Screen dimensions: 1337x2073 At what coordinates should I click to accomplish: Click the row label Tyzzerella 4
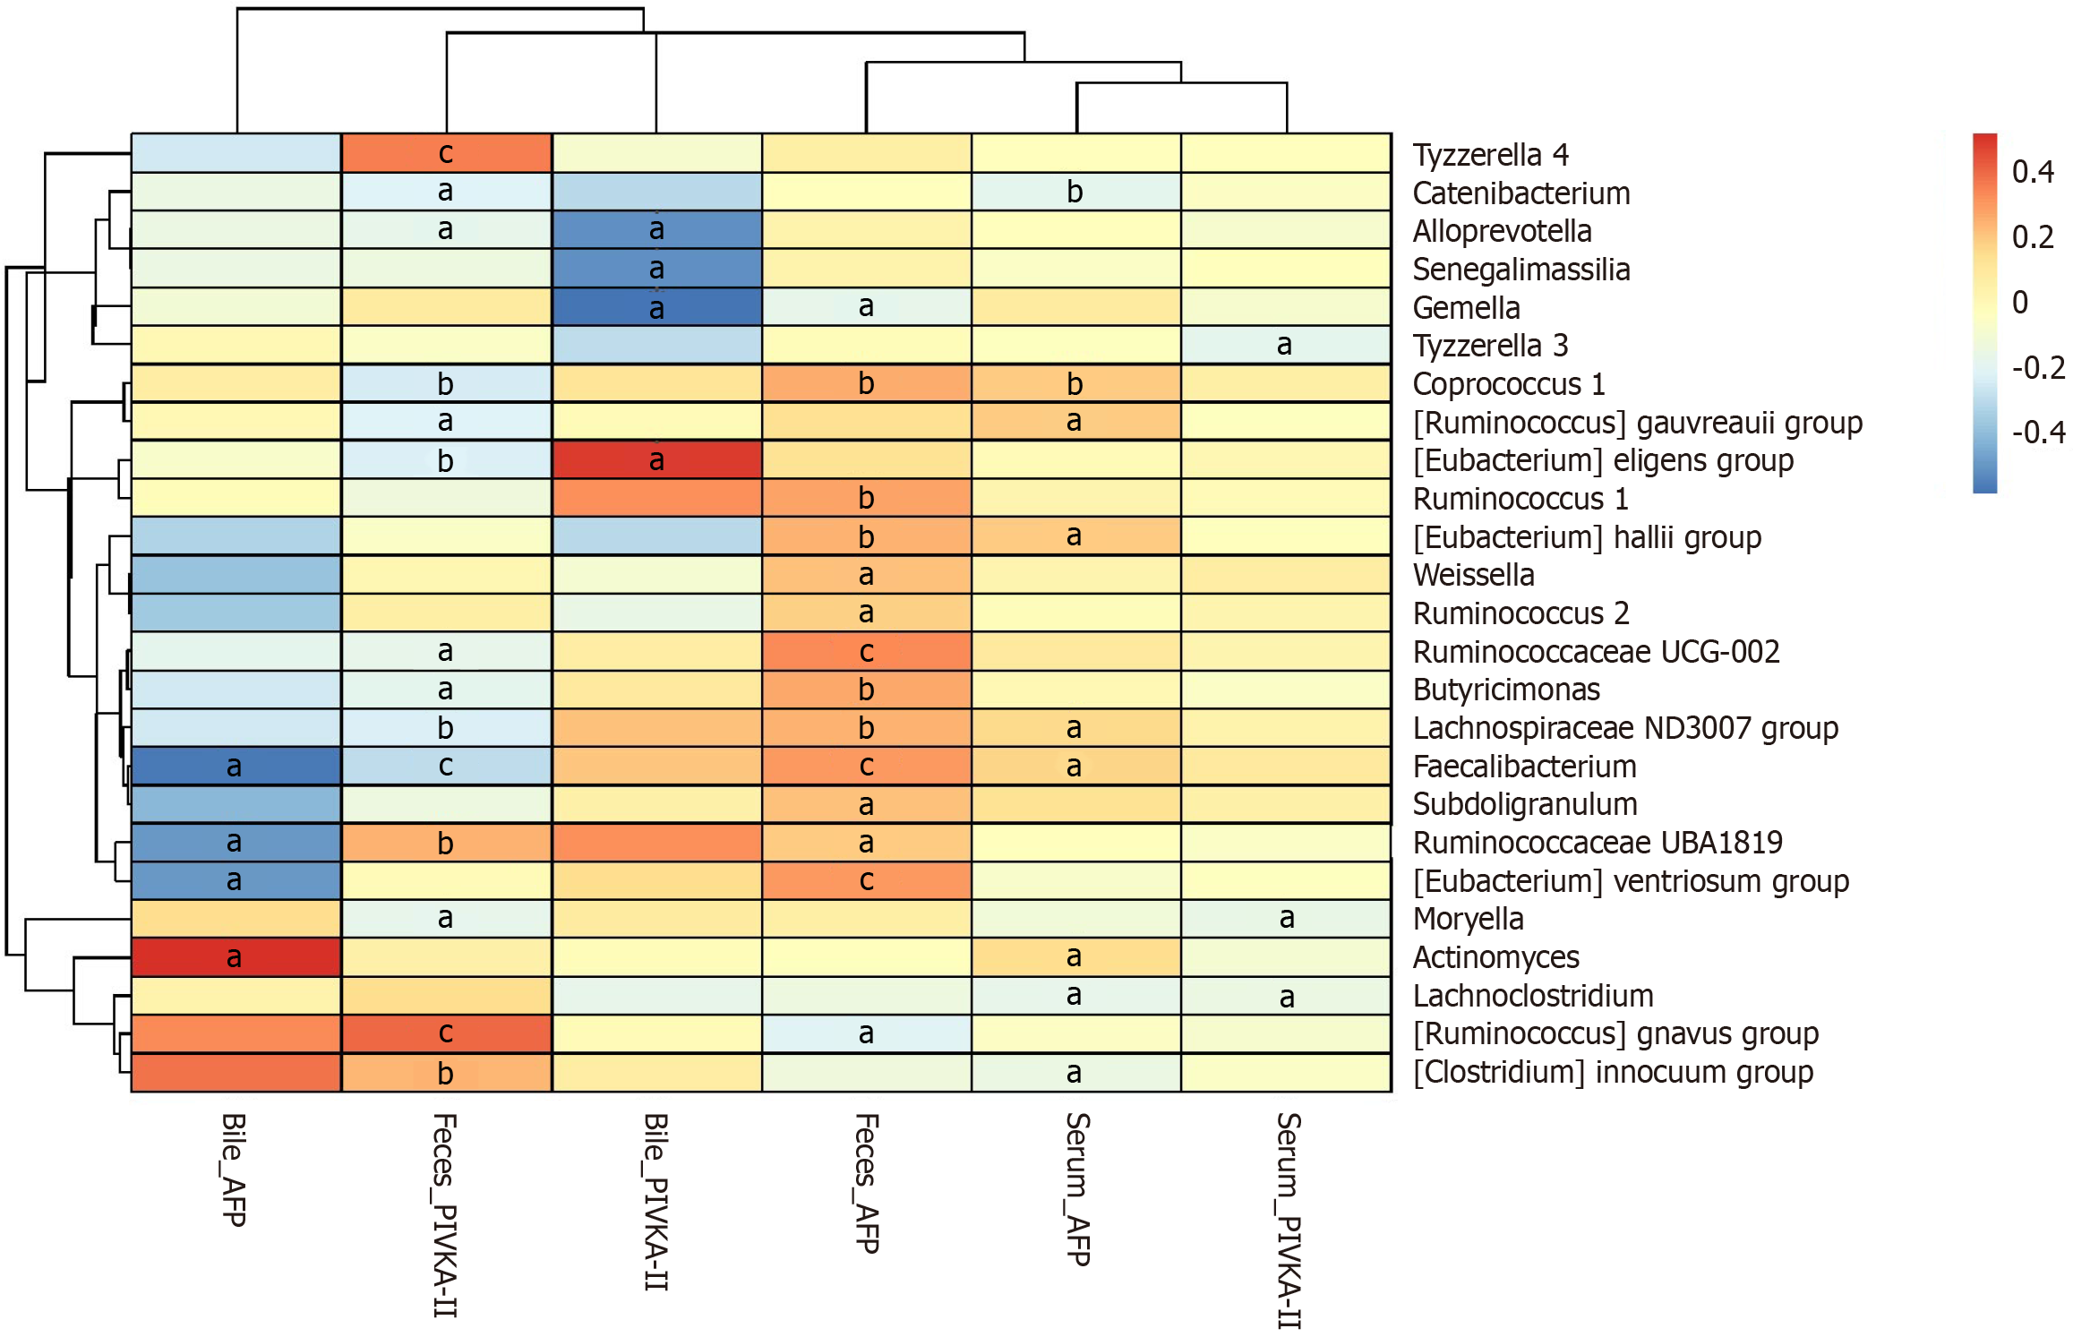coord(1490,155)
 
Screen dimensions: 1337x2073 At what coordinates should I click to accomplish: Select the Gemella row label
coord(1466,308)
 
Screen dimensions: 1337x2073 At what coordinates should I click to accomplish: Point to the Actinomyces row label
coord(1495,957)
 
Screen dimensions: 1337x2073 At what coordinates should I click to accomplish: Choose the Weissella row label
coord(1473,575)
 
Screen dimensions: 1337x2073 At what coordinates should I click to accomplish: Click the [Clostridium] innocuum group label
coord(1613,1072)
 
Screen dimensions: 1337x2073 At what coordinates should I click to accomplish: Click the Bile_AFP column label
coord(234,1170)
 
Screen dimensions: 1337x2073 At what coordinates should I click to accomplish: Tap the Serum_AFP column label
coord(1077,1189)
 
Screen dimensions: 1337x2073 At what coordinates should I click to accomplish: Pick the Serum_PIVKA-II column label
coord(1288,1221)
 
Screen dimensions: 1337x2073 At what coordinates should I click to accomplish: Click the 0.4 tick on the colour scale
coord(2032,172)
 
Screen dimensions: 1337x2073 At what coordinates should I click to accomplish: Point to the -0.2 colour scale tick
coord(2037,368)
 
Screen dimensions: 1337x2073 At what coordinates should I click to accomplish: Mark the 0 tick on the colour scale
coord(2019,303)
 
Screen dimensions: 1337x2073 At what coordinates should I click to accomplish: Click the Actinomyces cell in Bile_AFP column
coord(236,957)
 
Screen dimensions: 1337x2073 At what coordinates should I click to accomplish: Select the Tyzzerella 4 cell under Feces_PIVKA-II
coord(446,153)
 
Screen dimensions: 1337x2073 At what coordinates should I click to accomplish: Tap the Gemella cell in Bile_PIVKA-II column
coord(656,307)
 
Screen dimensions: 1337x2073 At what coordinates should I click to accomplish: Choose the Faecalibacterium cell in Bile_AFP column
coord(236,767)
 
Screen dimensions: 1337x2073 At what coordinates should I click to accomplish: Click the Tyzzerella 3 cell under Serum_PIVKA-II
coord(1286,345)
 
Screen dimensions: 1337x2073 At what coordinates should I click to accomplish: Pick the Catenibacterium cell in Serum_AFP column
coord(1076,192)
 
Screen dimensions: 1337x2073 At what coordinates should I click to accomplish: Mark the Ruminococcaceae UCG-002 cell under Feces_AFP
coord(866,651)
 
